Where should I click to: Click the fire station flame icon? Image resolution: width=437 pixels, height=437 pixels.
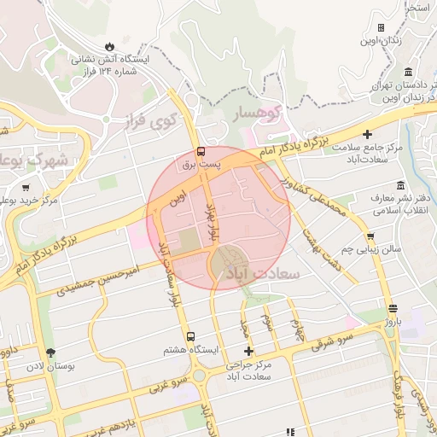tap(109, 46)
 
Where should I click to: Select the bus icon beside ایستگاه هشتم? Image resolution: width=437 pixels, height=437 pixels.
tap(191, 337)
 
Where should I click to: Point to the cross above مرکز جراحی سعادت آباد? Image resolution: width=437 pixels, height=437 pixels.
tap(248, 351)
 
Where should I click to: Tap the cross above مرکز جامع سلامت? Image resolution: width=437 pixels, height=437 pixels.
tap(367, 134)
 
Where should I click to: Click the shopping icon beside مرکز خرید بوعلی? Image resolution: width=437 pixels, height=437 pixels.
tap(26, 188)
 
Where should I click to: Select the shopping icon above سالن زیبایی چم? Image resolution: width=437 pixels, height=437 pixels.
tap(370, 236)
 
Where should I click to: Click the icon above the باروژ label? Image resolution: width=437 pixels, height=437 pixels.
tap(392, 309)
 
